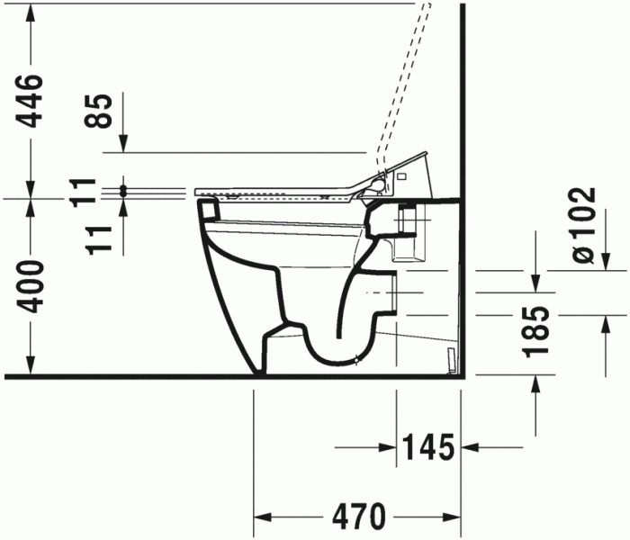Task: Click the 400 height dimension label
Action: [31, 286]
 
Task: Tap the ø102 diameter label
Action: [583, 226]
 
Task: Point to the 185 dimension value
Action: [537, 331]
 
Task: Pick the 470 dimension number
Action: [357, 517]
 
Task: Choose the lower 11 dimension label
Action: [102, 236]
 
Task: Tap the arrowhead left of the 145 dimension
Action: [389, 445]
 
